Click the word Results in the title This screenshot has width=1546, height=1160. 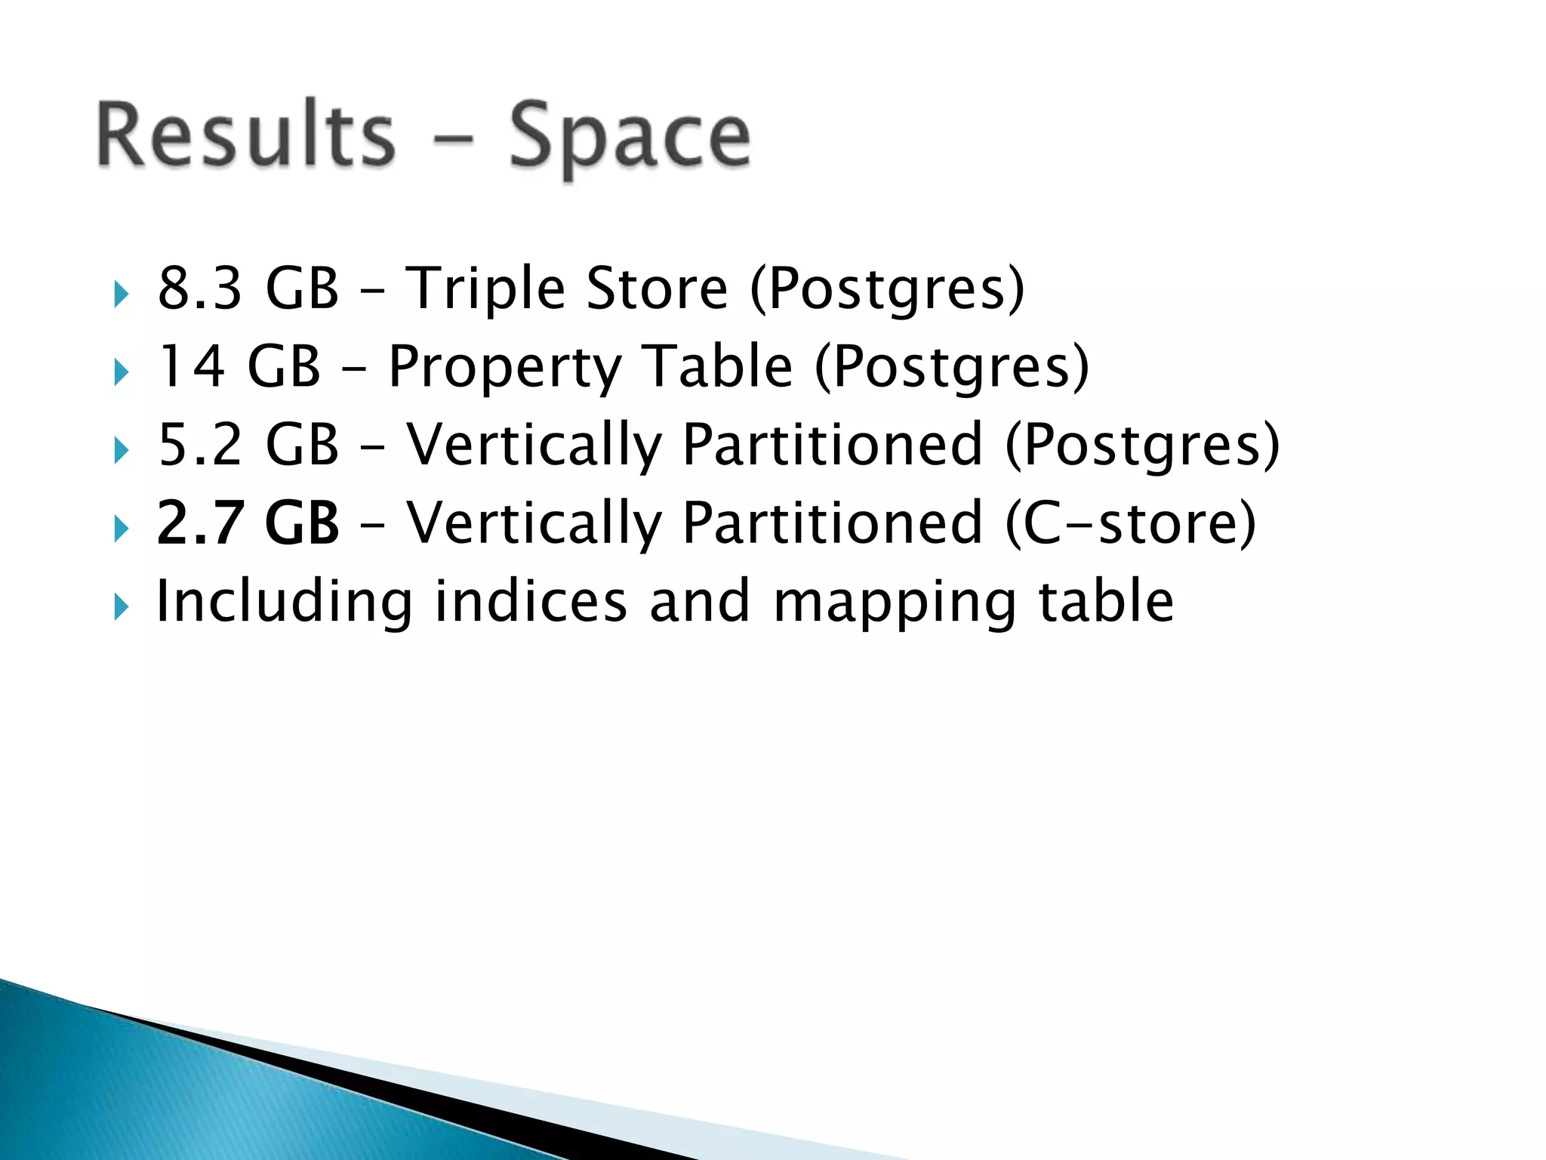pyautogui.click(x=246, y=136)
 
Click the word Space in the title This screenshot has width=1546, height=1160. pyautogui.click(x=630, y=138)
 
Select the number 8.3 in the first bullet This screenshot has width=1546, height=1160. pyautogui.click(x=200, y=288)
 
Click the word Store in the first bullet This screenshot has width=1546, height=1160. pyautogui.click(x=657, y=288)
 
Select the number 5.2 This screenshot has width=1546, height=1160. pyautogui.click(x=200, y=445)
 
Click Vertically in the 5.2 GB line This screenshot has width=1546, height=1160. pyautogui.click(x=534, y=446)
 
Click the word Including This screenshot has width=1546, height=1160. pyautogui.click(x=284, y=603)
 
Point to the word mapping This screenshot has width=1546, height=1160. pyautogui.click(x=895, y=604)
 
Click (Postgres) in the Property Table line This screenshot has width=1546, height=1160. pyautogui.click(x=952, y=368)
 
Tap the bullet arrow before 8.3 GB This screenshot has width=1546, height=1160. pyautogui.click(x=121, y=294)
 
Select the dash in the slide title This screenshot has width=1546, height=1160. pyautogui.click(x=451, y=140)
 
